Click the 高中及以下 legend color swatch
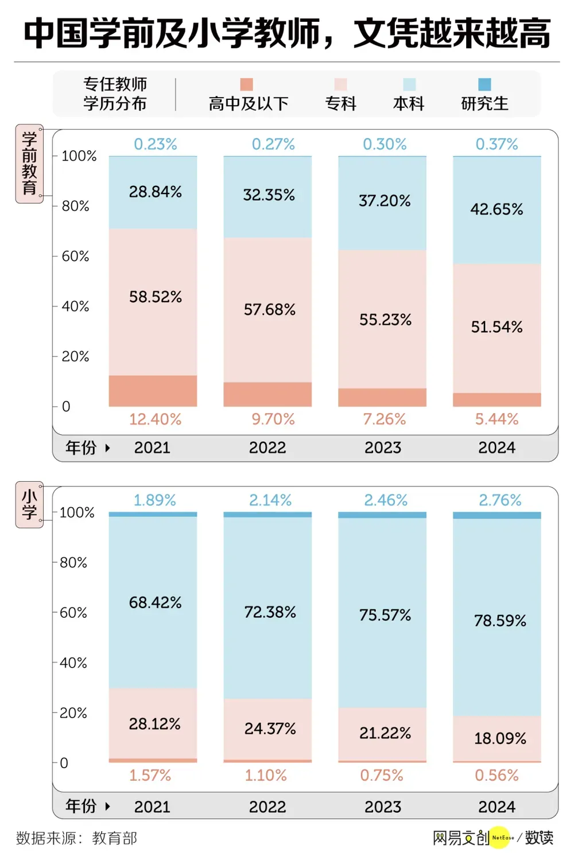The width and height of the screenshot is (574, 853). point(247,84)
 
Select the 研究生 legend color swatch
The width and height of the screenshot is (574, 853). point(484,84)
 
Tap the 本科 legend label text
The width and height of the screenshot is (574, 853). point(409,104)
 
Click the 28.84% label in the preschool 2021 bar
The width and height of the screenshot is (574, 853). point(155,192)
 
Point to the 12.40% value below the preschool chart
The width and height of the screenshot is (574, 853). point(155,419)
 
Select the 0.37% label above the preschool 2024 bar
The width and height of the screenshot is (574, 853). point(497,144)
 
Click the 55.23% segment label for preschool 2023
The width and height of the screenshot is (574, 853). point(385,320)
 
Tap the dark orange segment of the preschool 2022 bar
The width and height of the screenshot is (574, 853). point(267,394)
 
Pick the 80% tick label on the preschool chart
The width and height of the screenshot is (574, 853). point(75,206)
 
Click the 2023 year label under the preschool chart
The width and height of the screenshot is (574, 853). point(383,447)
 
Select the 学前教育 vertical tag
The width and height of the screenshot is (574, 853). point(29,163)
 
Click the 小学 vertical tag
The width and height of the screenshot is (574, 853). point(29,505)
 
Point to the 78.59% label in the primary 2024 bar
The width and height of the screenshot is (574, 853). point(500,621)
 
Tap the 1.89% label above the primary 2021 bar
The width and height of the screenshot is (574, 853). point(155,500)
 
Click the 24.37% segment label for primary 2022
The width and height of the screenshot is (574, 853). point(270,729)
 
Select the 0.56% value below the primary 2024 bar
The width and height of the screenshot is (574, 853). point(497,775)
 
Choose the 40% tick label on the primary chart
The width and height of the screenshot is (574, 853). point(73,663)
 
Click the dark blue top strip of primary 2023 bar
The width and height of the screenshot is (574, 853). point(382,515)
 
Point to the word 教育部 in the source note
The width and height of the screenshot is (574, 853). point(114,838)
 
